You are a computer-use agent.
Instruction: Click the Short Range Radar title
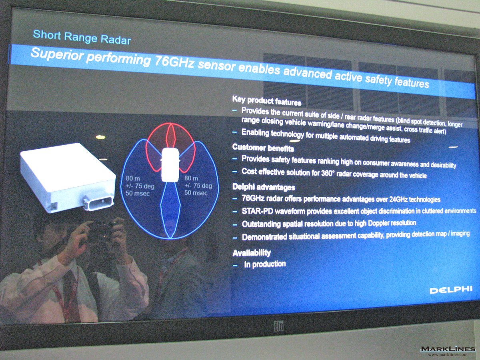[x=82, y=37]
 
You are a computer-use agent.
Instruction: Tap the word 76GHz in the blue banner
[x=174, y=62]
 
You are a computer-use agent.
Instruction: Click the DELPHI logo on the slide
[x=451, y=290]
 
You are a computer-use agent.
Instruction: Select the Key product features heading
[x=267, y=101]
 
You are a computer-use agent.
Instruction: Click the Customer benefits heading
[x=263, y=148]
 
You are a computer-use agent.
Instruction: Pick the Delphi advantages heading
[x=264, y=187]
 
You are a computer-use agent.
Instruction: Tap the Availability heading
[x=252, y=253]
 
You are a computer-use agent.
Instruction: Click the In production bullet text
[x=265, y=264]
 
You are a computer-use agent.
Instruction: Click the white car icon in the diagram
[x=170, y=164]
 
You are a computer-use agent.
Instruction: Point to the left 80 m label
[x=132, y=178]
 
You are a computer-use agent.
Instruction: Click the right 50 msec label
[x=196, y=193]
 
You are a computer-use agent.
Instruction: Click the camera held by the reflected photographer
[x=102, y=230]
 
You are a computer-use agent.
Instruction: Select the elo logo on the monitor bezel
[x=278, y=326]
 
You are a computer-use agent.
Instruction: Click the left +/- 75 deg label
[x=140, y=186]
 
